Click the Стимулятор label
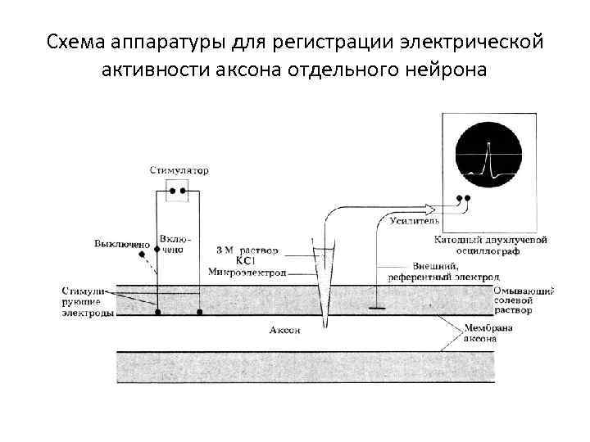coord(179,171)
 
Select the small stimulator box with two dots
coord(178,192)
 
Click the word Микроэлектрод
coord(247,271)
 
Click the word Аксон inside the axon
coord(284,330)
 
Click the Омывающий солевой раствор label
coord(524,300)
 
